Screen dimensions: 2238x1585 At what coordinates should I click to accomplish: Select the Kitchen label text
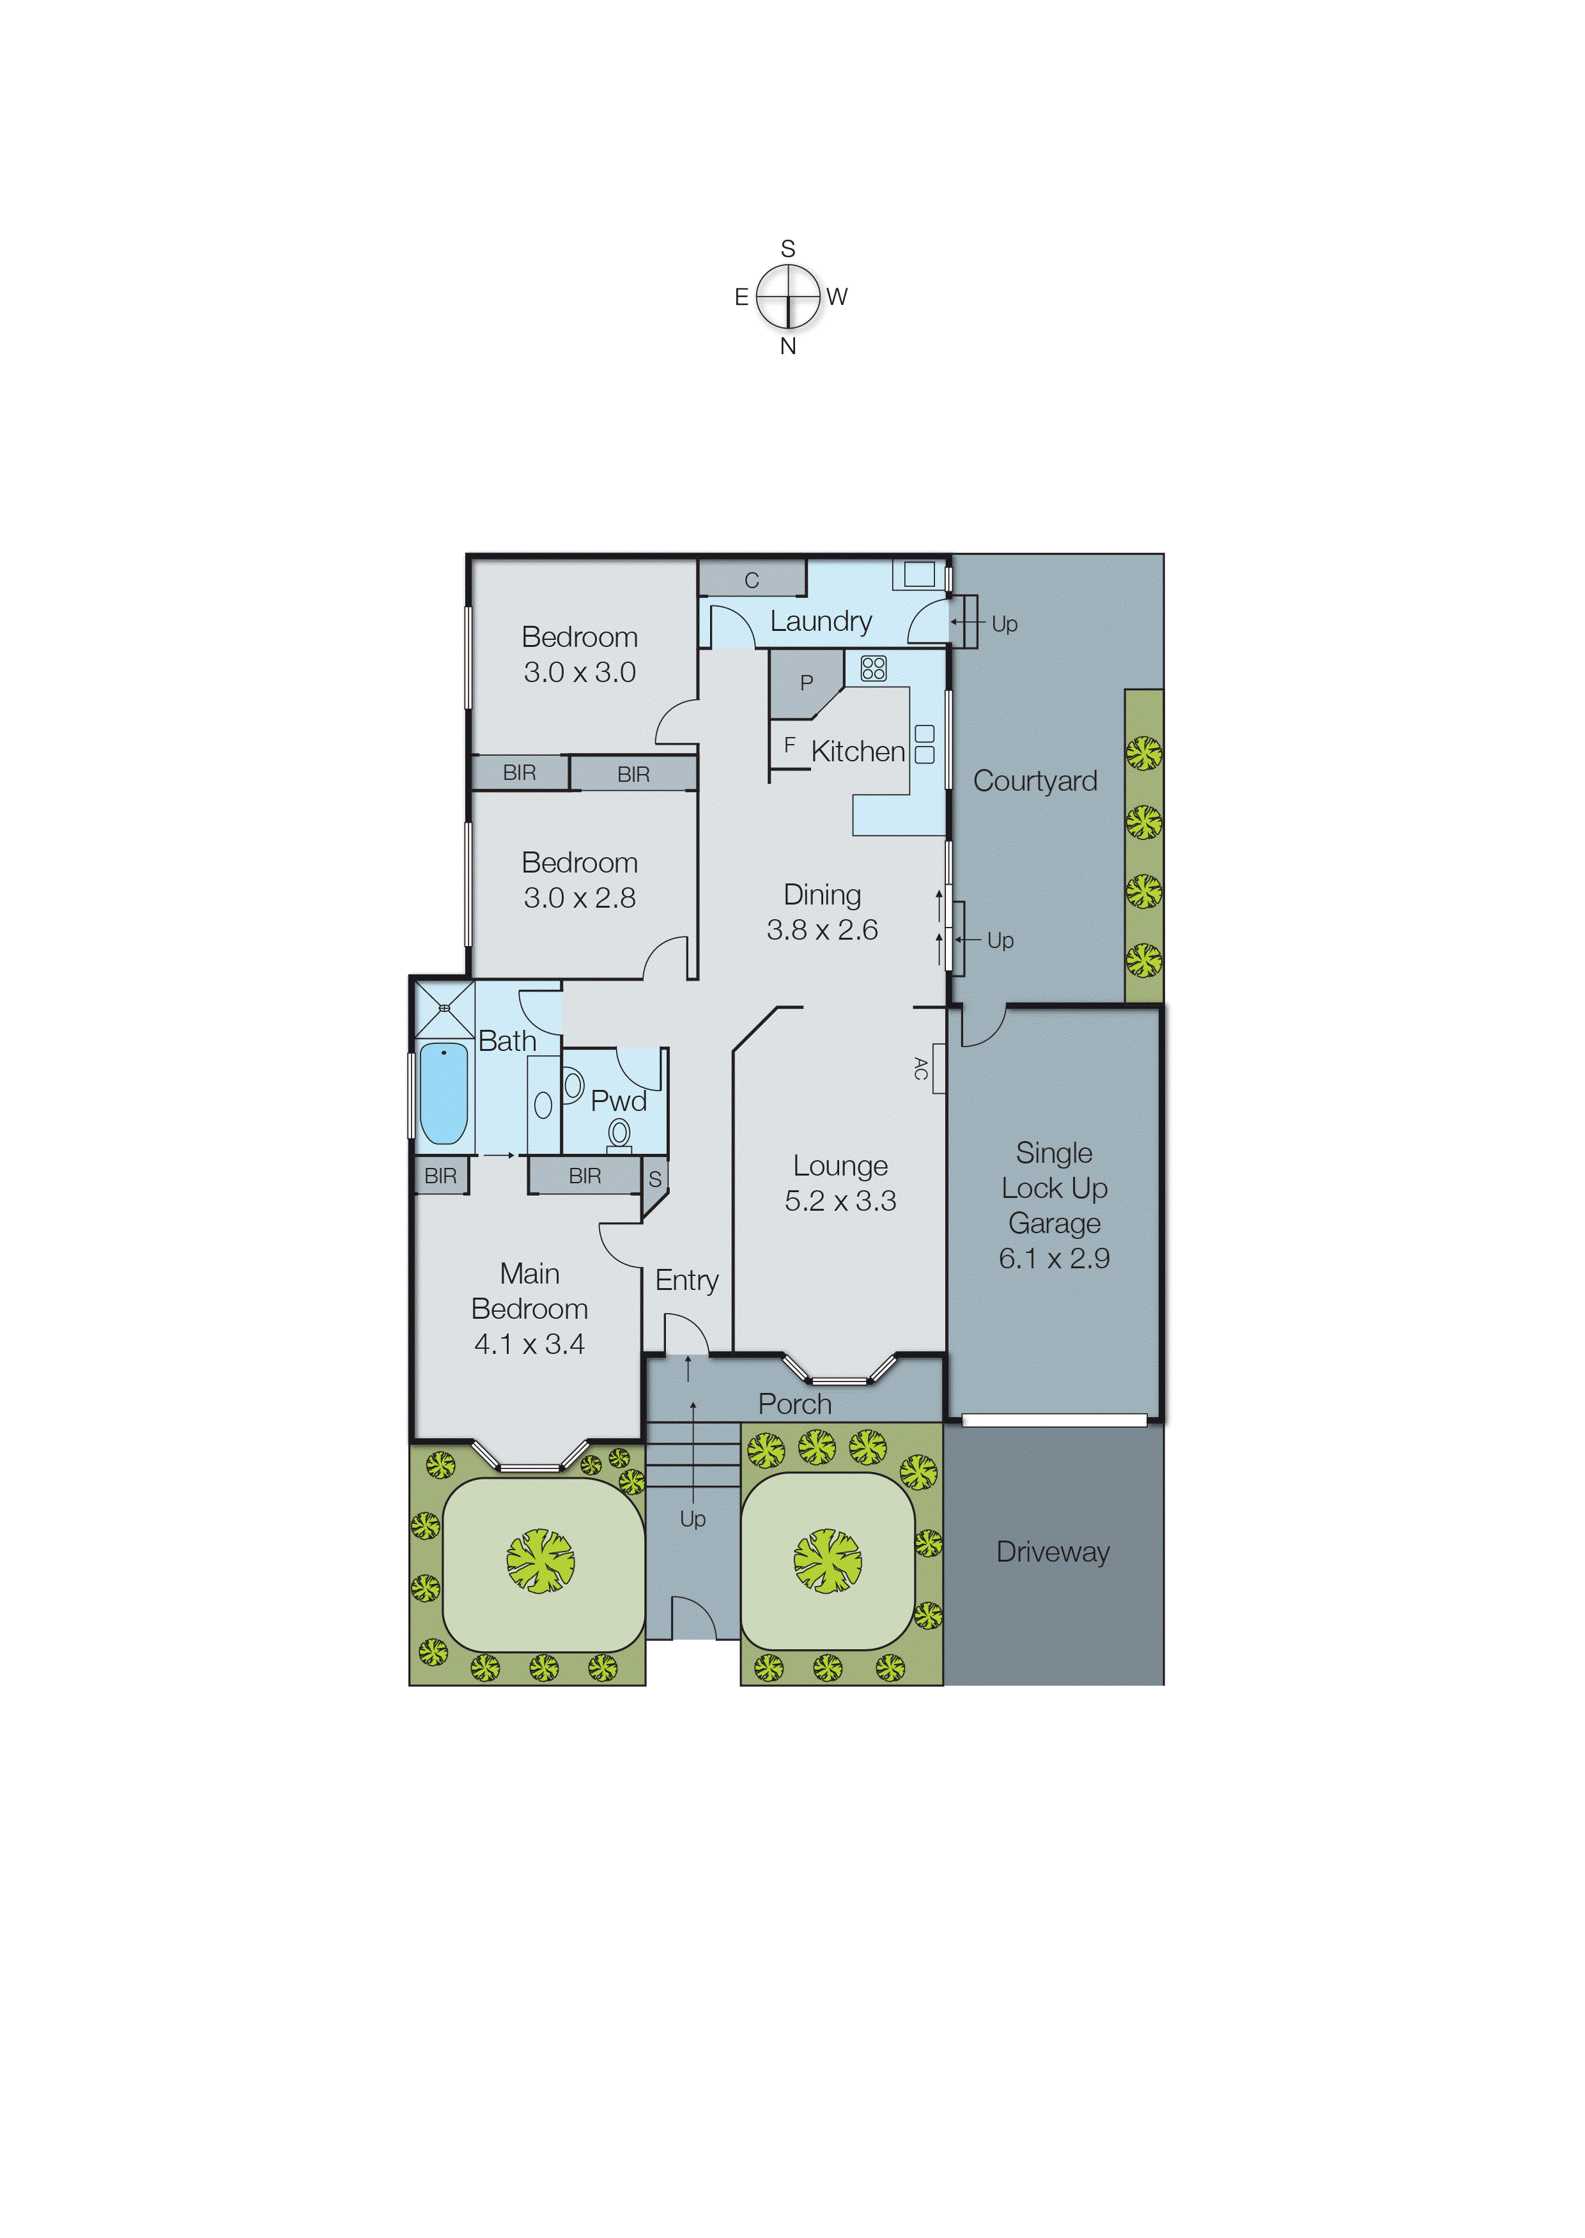pos(858,752)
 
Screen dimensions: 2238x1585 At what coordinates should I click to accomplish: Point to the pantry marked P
pos(806,682)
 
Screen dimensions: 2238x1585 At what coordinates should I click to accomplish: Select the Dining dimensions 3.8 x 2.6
pos(822,930)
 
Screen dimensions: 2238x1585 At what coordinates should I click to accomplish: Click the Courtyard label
pos(1035,781)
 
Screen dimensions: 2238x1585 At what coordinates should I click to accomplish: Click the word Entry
pos(686,1280)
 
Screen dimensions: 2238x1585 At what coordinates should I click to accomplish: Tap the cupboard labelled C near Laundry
pos(752,580)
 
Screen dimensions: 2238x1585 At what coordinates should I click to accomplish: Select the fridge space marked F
pos(789,745)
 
